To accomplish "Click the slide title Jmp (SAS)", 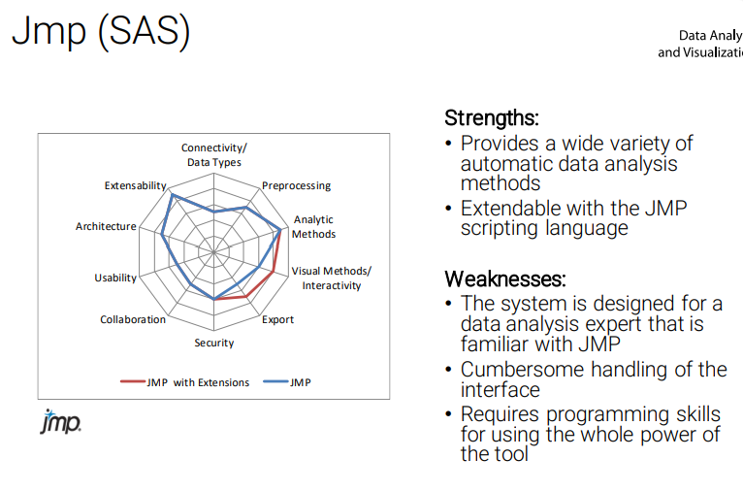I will tap(101, 32).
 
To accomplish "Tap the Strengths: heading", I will tap(491, 118).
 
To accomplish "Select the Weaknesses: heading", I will tap(504, 279).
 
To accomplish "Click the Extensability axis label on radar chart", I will tap(136, 184).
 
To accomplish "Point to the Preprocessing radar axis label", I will tap(296, 185).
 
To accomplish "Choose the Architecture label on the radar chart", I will tap(106, 226).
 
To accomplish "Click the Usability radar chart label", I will tap(115, 278).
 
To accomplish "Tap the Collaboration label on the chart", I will tap(133, 319).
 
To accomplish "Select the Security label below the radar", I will tap(213, 343).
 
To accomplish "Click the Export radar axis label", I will tap(278, 319).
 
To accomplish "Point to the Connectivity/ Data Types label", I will tap(213, 155).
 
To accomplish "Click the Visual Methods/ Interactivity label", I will tap(331, 278).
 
